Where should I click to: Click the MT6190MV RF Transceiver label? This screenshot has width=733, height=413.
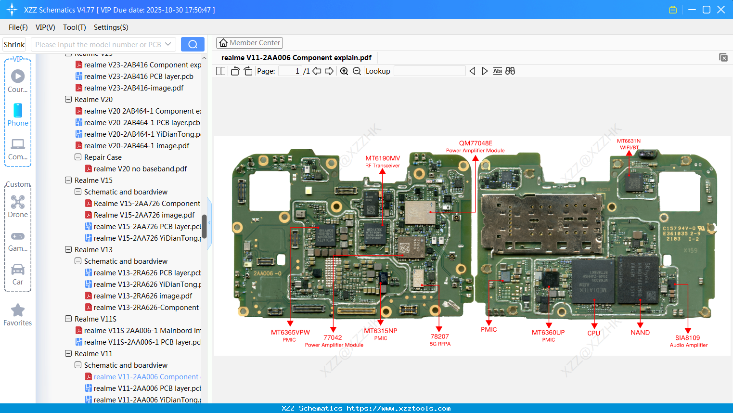383,161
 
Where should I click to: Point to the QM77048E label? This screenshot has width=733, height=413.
476,143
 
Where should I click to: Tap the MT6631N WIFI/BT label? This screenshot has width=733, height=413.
629,144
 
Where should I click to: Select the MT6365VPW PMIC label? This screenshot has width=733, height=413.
290,336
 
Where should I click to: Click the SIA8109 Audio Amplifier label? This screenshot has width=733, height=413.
688,341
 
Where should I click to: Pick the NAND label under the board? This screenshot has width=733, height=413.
640,333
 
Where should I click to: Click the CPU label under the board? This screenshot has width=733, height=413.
594,333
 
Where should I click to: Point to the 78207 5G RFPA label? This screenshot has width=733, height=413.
440,340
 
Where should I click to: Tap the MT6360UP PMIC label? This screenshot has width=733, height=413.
548,336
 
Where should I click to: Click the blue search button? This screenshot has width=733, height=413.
193,44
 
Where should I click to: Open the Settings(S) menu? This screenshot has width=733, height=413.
111,27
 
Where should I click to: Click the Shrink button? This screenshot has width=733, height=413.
14,45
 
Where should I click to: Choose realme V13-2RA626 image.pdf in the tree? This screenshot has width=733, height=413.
142,296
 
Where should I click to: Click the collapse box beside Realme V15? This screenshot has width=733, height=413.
68,181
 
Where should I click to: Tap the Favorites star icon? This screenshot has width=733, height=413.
18,310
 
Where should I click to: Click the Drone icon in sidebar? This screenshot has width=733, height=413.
18,202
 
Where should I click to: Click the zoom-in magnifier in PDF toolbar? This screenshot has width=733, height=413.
344,71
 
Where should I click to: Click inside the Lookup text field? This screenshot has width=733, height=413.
429,71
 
